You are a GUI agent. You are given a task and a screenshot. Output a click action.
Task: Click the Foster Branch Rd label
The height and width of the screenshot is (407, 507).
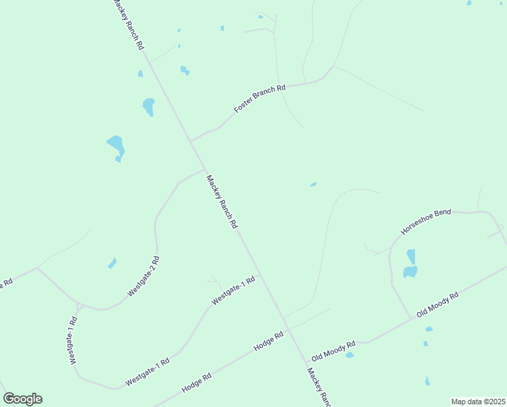tap(260, 98)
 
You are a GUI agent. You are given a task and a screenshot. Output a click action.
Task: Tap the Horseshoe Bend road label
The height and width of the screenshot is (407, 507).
tap(426, 222)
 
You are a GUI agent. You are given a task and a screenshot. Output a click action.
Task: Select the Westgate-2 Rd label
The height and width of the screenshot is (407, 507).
tap(143, 277)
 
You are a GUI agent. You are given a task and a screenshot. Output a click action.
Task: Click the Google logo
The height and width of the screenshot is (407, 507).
tap(22, 399)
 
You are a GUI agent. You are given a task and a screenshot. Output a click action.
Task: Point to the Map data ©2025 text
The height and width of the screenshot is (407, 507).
tap(479, 402)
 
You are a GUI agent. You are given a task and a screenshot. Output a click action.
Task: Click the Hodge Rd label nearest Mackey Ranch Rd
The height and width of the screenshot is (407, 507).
tap(268, 341)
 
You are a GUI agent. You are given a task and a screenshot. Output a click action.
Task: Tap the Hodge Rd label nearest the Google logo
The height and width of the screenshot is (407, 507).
tap(197, 383)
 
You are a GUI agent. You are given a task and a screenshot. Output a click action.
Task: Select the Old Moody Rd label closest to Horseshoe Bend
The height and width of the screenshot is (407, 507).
tap(438, 305)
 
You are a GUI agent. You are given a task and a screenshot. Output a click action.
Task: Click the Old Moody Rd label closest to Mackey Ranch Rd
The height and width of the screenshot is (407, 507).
tap(333, 351)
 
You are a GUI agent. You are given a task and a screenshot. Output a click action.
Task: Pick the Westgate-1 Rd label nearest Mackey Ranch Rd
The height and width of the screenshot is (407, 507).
tap(233, 290)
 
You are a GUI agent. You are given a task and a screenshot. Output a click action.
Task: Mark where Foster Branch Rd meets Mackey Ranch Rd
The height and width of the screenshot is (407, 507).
tap(190, 141)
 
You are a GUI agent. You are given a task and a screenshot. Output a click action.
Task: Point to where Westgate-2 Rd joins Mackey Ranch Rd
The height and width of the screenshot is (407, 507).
tap(204, 170)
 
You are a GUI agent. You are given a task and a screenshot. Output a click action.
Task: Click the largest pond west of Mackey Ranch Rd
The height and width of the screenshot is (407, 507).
tap(116, 145)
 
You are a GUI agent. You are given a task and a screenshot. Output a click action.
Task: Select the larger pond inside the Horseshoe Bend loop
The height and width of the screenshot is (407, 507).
tap(410, 272)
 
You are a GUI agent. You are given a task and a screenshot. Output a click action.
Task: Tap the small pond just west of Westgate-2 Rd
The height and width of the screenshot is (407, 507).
tap(112, 263)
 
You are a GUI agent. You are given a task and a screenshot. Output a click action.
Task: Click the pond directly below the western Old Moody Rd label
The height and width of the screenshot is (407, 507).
tap(350, 355)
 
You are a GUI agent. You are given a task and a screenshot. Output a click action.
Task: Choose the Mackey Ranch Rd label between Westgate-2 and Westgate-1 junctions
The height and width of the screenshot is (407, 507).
tap(222, 202)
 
